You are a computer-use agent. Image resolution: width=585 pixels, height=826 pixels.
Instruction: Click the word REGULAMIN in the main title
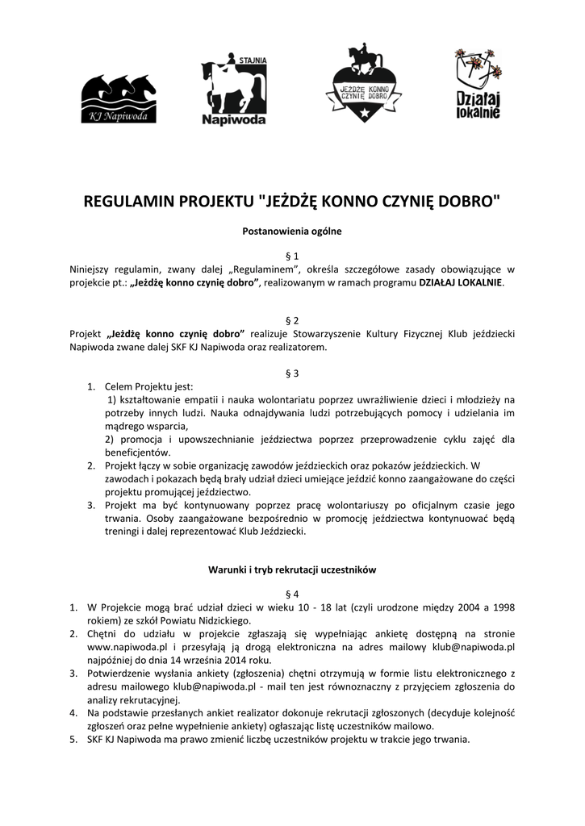132,202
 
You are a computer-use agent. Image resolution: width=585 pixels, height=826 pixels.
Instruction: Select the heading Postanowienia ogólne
292,232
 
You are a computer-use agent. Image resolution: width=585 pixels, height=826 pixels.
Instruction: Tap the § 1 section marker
292,255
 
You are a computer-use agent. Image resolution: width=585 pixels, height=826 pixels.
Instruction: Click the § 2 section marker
292,320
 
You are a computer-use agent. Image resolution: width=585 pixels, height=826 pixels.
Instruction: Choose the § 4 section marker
292,594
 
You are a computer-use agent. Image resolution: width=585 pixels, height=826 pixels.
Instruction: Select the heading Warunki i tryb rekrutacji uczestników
292,569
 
